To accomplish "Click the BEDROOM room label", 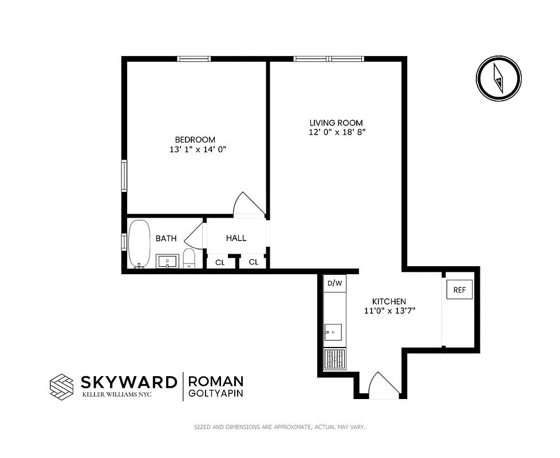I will point(195,140).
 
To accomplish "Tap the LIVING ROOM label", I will point(336,123).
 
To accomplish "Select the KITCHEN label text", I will point(389,302).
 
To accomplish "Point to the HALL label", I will point(236,238).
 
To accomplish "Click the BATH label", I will point(166,239).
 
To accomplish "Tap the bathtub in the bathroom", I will point(139,243).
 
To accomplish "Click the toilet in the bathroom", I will point(190,258).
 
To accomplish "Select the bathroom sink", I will point(168,261).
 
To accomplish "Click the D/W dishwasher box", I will point(334,283).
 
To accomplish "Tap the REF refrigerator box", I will point(459,290).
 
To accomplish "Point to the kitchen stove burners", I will point(334,360).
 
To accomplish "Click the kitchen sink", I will point(333,332).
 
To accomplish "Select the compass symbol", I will point(499,80).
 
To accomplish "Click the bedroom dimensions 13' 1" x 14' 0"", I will point(195,149).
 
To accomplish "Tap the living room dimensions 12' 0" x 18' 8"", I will point(336,132).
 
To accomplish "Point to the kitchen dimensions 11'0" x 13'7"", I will point(389,311).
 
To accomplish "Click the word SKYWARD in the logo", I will point(128,382).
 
